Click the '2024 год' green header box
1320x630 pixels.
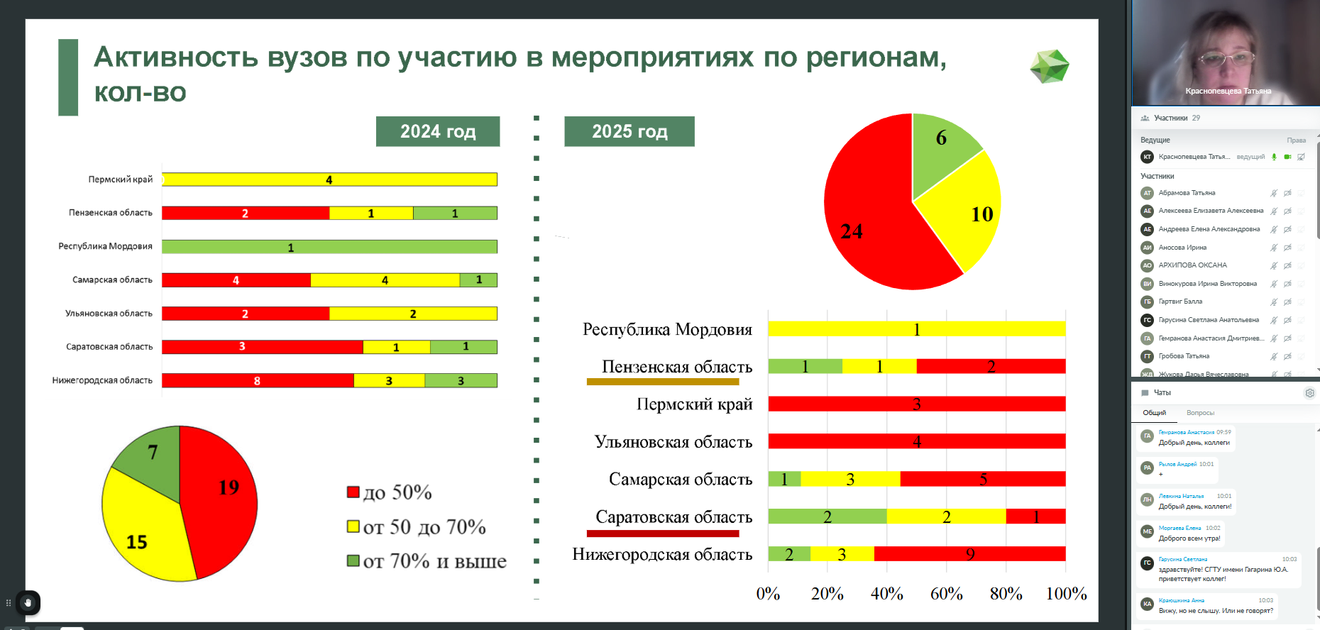click(x=438, y=131)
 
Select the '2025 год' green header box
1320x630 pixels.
click(x=629, y=131)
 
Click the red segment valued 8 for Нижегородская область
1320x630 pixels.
click(x=257, y=381)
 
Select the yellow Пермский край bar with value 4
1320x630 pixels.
click(x=329, y=179)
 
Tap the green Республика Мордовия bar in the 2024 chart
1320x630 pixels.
click(x=329, y=247)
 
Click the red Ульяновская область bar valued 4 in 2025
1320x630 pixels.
click(x=916, y=441)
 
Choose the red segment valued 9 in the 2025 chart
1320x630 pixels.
click(x=969, y=554)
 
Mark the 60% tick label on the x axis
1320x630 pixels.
click(x=946, y=594)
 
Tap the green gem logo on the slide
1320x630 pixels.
click(x=1050, y=67)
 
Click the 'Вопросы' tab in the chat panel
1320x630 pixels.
click(x=1200, y=413)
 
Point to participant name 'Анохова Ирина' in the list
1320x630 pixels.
click(x=1182, y=248)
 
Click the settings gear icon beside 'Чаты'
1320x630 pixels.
click(x=1310, y=393)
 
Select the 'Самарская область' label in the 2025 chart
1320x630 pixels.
click(x=680, y=480)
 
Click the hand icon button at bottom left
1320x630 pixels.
click(x=28, y=603)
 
